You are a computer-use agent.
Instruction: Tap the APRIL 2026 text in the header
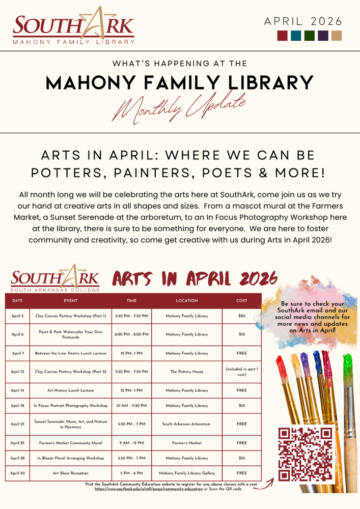pyautogui.click(x=303, y=21)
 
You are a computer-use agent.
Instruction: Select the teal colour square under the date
pyautogui.click(x=296, y=36)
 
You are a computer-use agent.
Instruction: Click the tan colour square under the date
pyautogui.click(x=337, y=36)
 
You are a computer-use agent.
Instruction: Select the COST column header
pyautogui.click(x=241, y=301)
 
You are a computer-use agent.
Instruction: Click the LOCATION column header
pyautogui.click(x=187, y=301)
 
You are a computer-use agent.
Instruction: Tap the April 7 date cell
pyautogui.click(x=17, y=353)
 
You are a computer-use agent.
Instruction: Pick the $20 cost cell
pyautogui.click(x=241, y=316)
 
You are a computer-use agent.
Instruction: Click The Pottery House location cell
pyautogui.click(x=187, y=372)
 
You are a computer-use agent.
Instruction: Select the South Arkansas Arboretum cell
pyautogui.click(x=187, y=424)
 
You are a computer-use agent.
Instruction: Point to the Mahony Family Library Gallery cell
pyautogui.click(x=187, y=473)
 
